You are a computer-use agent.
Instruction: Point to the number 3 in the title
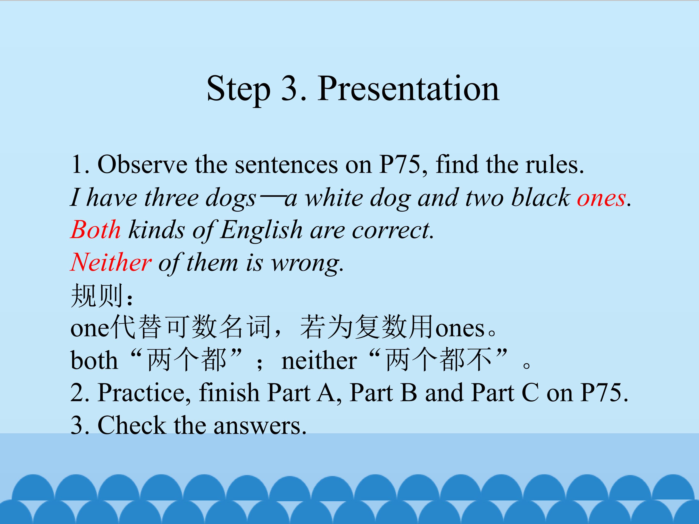point(290,89)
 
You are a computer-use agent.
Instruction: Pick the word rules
point(555,165)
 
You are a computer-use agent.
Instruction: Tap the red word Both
point(95,230)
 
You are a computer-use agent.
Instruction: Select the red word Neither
point(111,262)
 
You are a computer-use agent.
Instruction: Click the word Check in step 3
point(132,426)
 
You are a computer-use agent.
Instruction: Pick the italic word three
point(171,198)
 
